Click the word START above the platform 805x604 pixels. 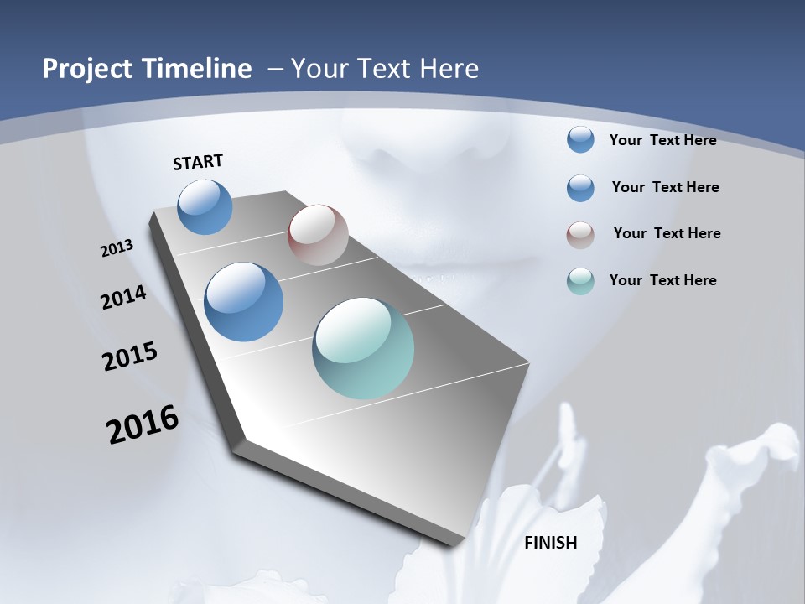198,162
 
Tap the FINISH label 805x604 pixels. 551,543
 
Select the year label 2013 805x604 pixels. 117,248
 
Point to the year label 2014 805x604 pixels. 124,297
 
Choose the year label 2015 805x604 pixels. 130,357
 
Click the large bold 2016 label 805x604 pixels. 143,424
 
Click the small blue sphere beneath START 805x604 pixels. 205,206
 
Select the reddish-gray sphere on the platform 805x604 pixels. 318,235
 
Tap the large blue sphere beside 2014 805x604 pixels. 244,302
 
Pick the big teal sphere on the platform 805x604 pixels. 363,348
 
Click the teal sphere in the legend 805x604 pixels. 580,281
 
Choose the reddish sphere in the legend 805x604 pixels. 580,235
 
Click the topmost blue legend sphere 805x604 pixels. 580,140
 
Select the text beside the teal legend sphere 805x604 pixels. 662,280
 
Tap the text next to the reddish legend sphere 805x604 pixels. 667,233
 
